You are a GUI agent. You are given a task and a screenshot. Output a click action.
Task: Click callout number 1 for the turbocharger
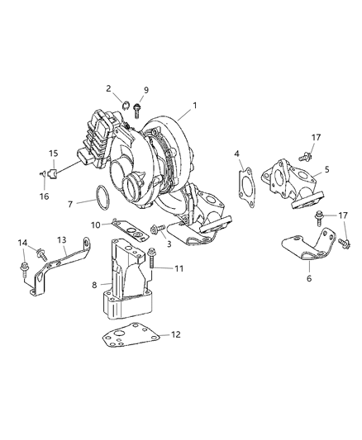(x=195, y=105)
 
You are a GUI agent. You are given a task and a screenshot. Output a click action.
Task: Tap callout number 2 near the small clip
(x=108, y=89)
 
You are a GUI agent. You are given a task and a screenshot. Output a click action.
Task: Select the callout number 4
(x=236, y=154)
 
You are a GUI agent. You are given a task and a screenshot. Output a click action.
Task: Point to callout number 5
(x=327, y=169)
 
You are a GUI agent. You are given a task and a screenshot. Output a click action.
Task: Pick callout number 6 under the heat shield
(x=309, y=279)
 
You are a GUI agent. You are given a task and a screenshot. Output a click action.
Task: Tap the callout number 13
(x=61, y=239)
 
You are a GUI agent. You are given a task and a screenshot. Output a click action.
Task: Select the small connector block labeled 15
(x=51, y=174)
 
